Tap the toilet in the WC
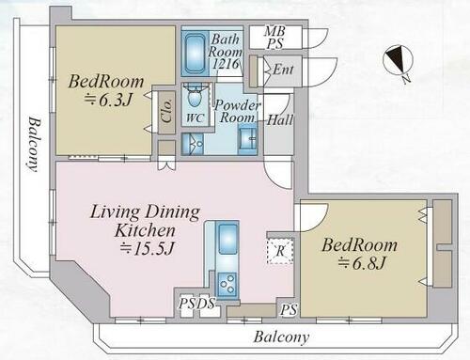tap(195, 96)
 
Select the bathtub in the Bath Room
tap(195, 53)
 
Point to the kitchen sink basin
tap(227, 239)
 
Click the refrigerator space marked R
tap(280, 251)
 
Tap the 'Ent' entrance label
tap(283, 70)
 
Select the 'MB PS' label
tap(274, 38)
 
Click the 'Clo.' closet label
tap(166, 112)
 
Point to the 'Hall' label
tap(280, 120)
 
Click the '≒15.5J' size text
tap(147, 248)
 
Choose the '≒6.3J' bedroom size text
tap(107, 100)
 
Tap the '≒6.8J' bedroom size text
tap(361, 263)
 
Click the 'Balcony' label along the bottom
tap(281, 337)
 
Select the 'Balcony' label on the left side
tap(33, 144)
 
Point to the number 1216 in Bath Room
tap(227, 64)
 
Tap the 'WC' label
tap(196, 117)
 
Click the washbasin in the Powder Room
tap(247, 138)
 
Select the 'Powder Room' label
tap(237, 112)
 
